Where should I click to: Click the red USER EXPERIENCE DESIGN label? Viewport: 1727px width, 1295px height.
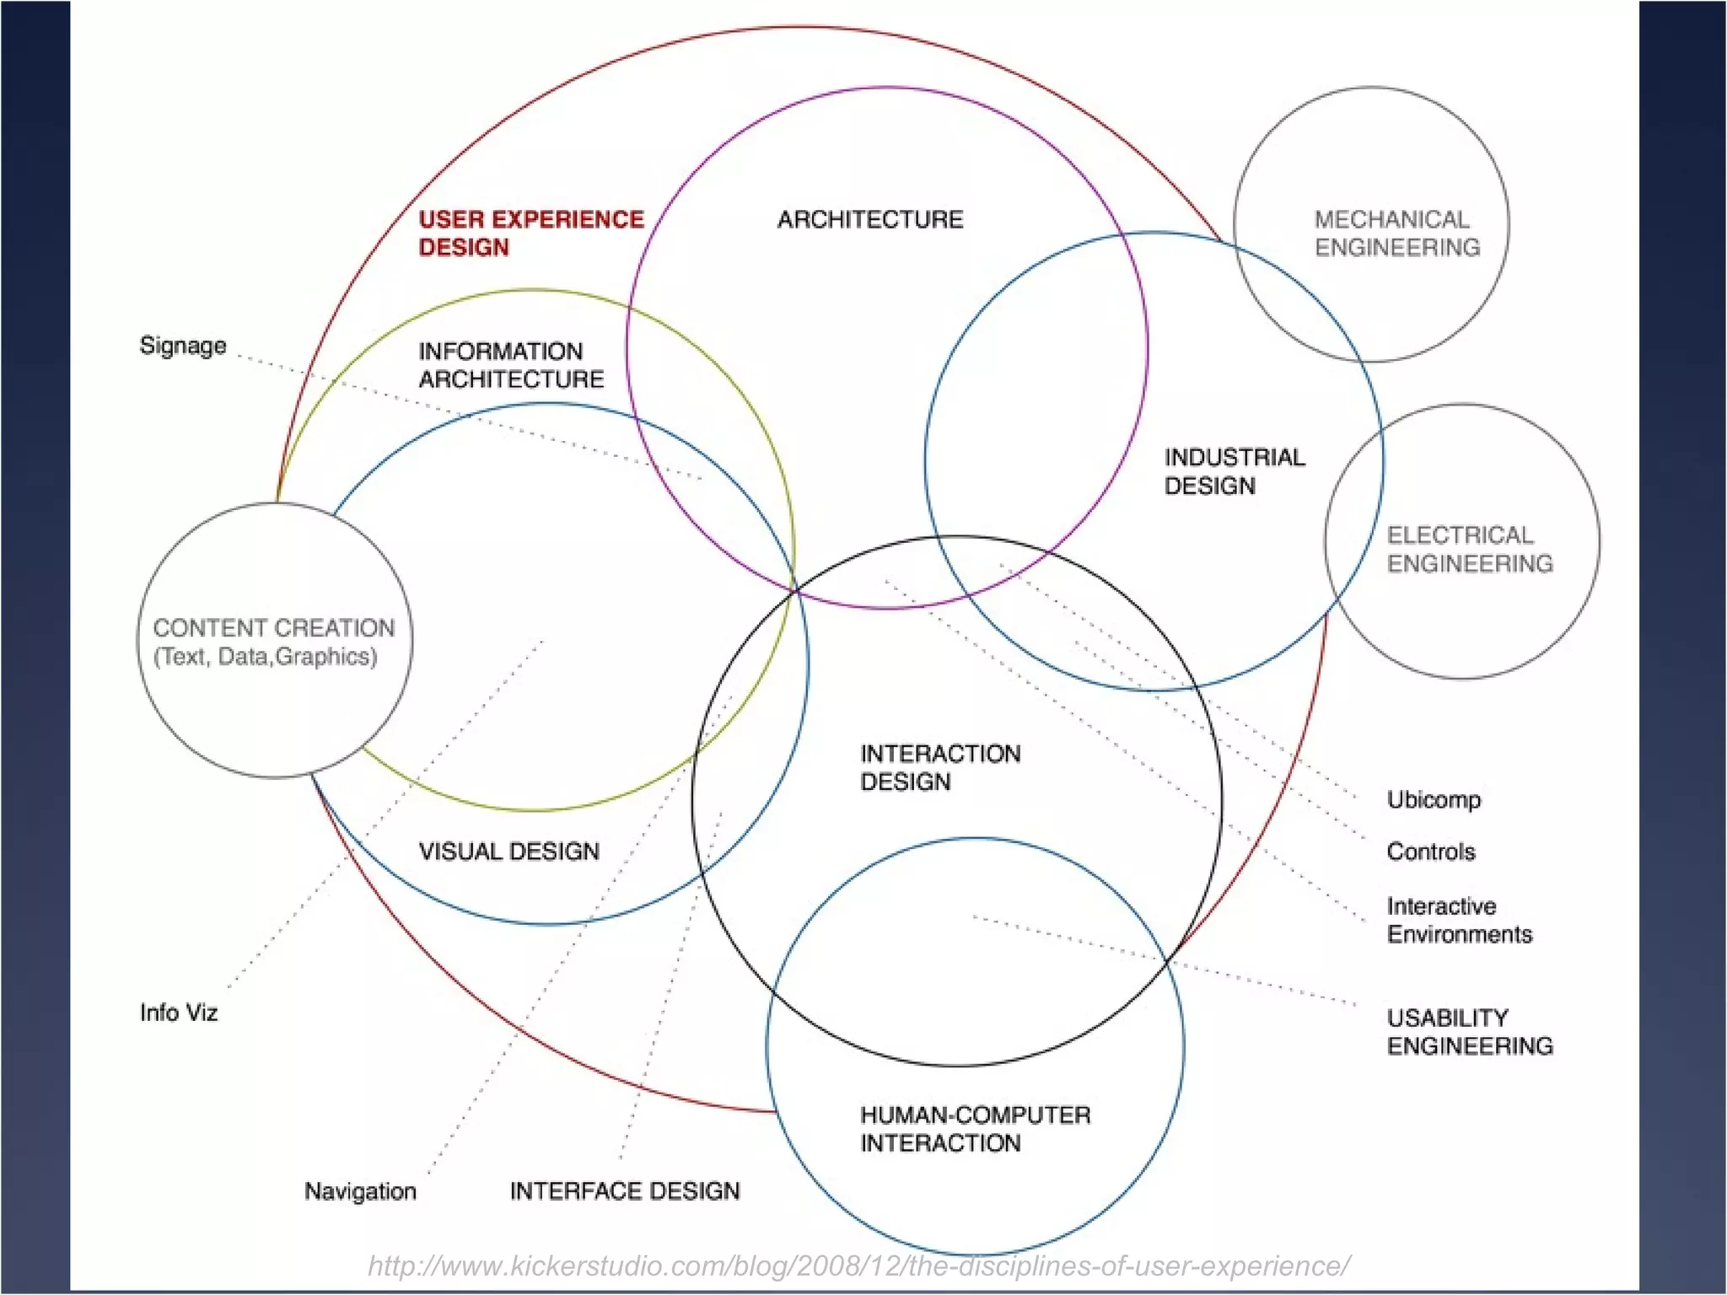click(530, 233)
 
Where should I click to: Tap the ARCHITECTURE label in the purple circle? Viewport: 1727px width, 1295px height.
click(869, 219)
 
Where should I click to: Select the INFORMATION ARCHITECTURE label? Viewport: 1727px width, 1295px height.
click(511, 365)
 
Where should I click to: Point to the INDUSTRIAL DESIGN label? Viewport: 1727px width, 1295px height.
click(1234, 471)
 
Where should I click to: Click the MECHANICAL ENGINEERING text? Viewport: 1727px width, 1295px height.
click(1396, 234)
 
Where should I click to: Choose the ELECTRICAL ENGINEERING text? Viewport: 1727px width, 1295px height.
click(1470, 549)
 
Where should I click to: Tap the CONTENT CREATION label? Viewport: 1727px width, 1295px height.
click(273, 628)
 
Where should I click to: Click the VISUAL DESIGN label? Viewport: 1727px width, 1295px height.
click(508, 852)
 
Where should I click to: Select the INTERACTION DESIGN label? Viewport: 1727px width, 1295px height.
click(939, 767)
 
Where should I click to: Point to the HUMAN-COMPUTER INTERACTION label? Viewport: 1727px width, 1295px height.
click(975, 1129)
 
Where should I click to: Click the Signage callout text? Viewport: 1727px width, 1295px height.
click(183, 346)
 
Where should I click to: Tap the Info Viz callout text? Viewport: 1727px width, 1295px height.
click(179, 1013)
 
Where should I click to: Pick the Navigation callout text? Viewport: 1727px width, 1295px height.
click(360, 1191)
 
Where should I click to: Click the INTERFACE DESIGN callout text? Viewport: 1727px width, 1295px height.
click(625, 1191)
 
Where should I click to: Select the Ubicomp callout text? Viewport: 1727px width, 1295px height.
click(1434, 799)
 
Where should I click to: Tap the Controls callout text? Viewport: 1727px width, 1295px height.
click(1431, 852)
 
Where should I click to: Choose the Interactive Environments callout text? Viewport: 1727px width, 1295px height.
click(1459, 920)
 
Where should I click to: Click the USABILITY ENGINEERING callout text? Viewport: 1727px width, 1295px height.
click(1470, 1032)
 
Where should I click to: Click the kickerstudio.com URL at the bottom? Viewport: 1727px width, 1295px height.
click(858, 1266)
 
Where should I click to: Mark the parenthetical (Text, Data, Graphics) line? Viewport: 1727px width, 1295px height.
click(265, 657)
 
